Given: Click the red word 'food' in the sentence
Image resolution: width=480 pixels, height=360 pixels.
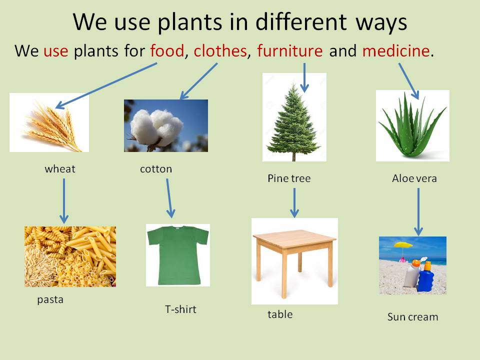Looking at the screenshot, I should click(x=167, y=51).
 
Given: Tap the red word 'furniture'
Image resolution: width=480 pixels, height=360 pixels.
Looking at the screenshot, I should click(x=290, y=51).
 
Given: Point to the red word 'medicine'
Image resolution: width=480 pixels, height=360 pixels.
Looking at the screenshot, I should click(x=396, y=51).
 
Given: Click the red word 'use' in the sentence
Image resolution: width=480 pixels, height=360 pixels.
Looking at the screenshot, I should click(x=55, y=51).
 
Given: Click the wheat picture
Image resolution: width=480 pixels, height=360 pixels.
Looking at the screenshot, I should click(x=49, y=122).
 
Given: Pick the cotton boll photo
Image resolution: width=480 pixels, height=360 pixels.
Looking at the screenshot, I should click(x=165, y=125).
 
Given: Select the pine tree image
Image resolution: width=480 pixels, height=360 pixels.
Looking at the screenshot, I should click(x=294, y=117).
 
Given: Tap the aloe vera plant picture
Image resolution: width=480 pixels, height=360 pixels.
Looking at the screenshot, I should click(x=412, y=125).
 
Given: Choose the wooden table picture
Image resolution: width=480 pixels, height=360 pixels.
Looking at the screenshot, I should click(x=294, y=260).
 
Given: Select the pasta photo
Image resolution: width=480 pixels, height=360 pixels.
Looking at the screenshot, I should click(x=70, y=256).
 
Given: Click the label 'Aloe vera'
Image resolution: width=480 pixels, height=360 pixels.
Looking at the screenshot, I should click(x=414, y=178).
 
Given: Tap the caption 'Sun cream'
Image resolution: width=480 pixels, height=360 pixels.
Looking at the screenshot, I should click(x=412, y=317).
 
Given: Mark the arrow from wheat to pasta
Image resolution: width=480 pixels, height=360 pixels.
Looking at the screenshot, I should click(x=63, y=200).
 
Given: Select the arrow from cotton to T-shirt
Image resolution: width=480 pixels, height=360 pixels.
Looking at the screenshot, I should click(x=169, y=198).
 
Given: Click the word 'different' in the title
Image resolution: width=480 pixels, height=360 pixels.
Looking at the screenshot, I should click(x=295, y=22).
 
